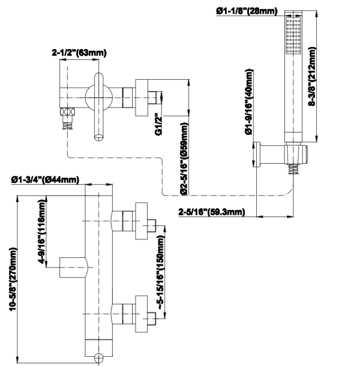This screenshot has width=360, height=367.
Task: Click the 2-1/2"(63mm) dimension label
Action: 79,53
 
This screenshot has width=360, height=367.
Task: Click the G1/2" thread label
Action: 158,124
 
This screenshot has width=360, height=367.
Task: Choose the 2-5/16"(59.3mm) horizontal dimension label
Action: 211,212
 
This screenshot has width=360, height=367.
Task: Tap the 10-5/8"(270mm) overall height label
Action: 13,281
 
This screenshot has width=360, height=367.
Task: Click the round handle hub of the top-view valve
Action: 95,96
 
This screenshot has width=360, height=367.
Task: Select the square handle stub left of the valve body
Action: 73,266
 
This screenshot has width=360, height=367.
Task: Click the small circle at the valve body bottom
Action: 99,359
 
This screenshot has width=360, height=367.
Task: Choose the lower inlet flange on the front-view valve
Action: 142,311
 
